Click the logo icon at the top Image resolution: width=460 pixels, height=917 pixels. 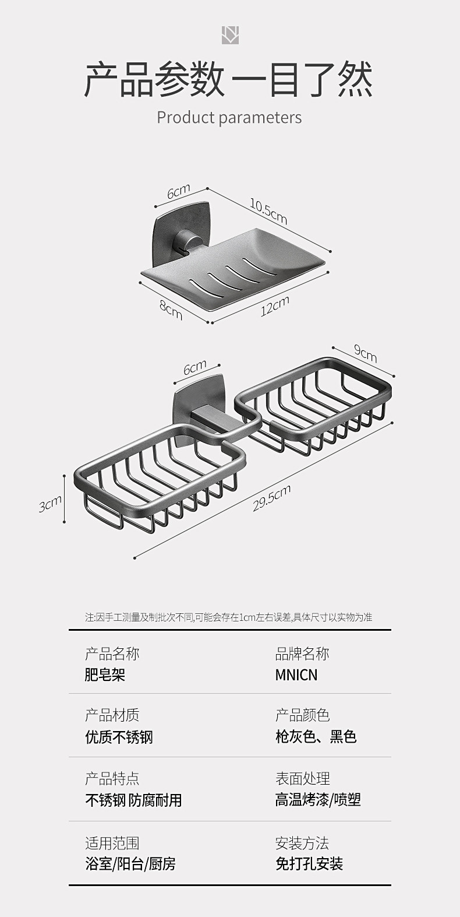click(230, 35)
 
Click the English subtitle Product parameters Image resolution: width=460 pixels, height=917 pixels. click(229, 117)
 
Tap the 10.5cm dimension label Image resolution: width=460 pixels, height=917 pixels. click(268, 211)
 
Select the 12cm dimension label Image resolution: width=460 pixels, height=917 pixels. click(275, 306)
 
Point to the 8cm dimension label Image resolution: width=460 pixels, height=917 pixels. click(171, 309)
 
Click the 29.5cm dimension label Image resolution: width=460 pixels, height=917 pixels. click(271, 499)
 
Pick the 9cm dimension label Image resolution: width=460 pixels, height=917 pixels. click(366, 353)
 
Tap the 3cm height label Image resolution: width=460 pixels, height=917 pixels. click(50, 504)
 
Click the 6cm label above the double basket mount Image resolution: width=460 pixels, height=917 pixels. click(195, 368)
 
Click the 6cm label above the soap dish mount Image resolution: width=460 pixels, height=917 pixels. click(179, 192)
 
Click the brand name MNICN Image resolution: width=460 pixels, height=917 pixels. click(296, 675)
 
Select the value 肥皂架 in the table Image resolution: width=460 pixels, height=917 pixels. click(105, 675)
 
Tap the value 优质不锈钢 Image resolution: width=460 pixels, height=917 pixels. click(119, 737)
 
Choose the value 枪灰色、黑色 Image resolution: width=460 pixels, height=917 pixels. click(316, 737)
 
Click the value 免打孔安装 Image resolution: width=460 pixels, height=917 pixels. click(309, 863)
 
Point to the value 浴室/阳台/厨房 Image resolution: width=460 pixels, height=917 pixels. click(130, 863)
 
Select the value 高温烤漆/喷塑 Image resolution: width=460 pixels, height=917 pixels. click(318, 800)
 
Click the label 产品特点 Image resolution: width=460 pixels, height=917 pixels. click(112, 778)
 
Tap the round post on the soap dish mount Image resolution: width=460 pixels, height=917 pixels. click(186, 242)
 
